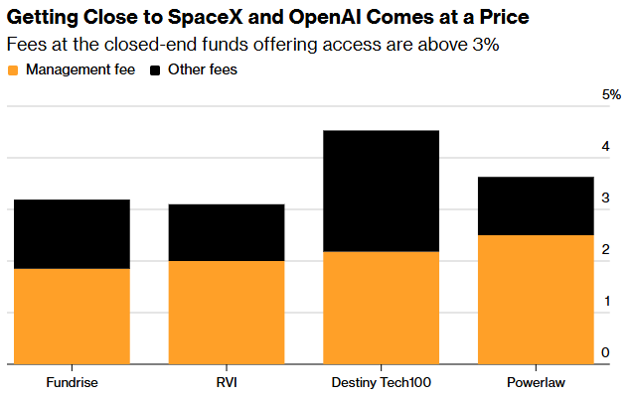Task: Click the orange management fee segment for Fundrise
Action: coord(72,316)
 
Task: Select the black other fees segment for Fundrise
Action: coord(72,234)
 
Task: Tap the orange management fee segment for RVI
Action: coord(227,312)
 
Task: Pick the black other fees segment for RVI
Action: coord(227,232)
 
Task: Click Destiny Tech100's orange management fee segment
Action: coord(382,308)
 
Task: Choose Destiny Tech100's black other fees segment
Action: coord(382,191)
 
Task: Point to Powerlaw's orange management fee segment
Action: coord(537,299)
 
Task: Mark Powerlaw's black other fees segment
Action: coord(537,205)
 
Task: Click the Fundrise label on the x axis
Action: coord(72,381)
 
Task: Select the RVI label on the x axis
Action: coord(227,381)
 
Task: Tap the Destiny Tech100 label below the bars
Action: coord(382,381)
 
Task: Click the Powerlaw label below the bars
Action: coord(537,381)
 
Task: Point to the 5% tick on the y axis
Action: coord(611,95)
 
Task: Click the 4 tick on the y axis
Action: coord(606,147)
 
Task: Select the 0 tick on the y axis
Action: coord(606,352)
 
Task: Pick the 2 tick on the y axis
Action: coord(606,250)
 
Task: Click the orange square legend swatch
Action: coord(13,70)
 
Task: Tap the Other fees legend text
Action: coord(203,70)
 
